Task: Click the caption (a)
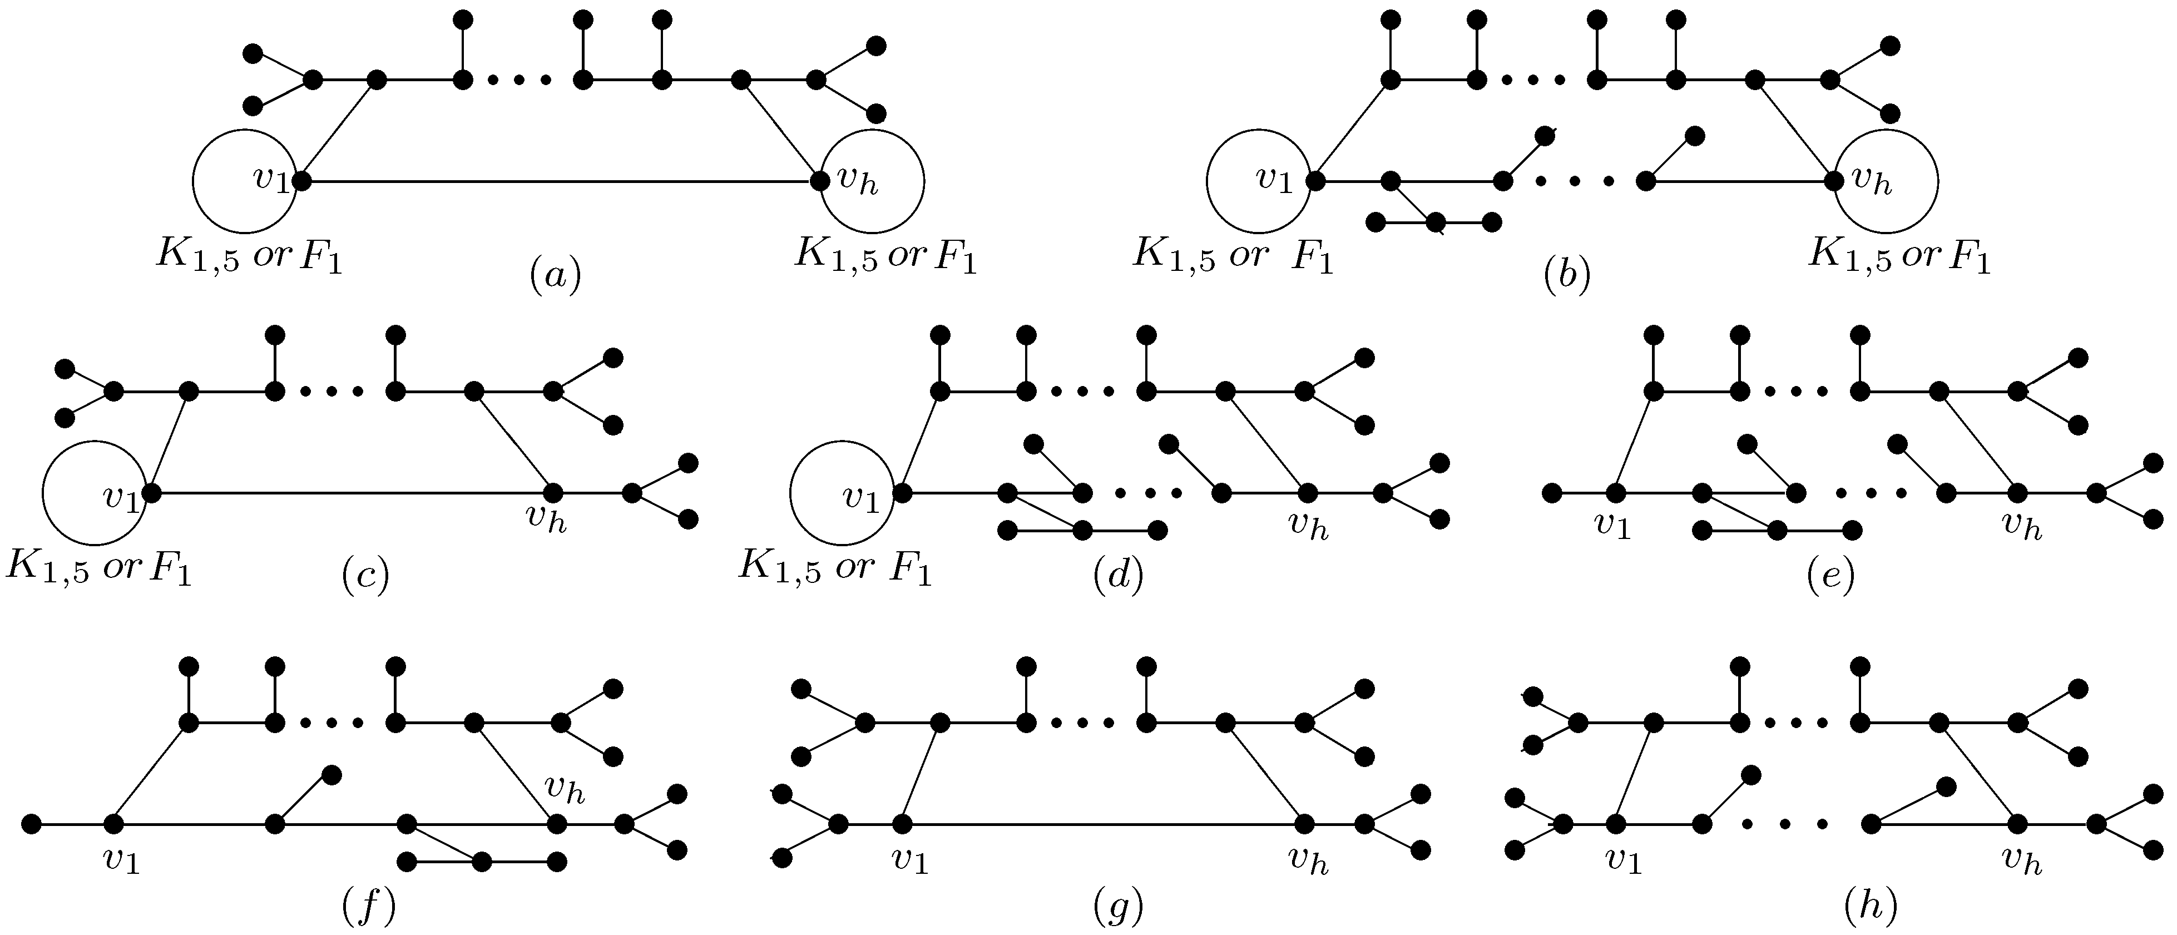click(x=555, y=275)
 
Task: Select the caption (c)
click(x=365, y=576)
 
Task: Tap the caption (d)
click(x=1117, y=576)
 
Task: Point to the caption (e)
click(x=1830, y=576)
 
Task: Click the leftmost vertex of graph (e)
click(x=1551, y=493)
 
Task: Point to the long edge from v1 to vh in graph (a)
click(x=558, y=181)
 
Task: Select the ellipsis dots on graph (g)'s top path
click(x=1086, y=724)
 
